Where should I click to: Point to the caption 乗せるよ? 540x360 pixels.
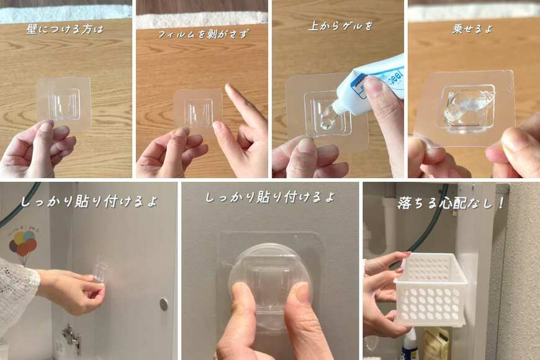473,29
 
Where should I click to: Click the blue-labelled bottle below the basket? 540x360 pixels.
410,345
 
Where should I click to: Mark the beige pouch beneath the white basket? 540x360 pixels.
437,344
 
